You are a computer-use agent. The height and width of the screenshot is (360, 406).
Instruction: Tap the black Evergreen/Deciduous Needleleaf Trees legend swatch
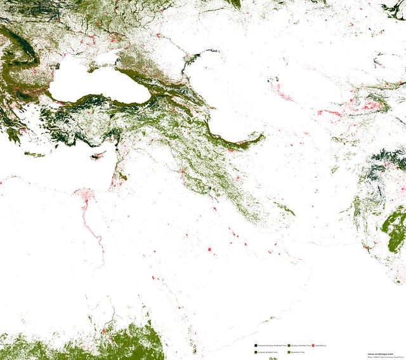tap(255, 345)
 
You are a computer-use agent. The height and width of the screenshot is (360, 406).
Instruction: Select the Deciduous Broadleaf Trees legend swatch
tap(289, 345)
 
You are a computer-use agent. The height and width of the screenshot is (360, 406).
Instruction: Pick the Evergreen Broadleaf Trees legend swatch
tap(255, 351)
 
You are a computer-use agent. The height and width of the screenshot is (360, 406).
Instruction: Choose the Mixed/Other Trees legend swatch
tap(289, 351)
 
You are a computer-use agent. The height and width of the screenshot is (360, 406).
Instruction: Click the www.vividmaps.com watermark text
tap(380, 354)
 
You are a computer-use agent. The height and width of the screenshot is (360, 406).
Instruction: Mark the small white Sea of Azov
tap(107, 59)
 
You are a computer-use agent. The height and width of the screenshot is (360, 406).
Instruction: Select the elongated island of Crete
tap(34, 154)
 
